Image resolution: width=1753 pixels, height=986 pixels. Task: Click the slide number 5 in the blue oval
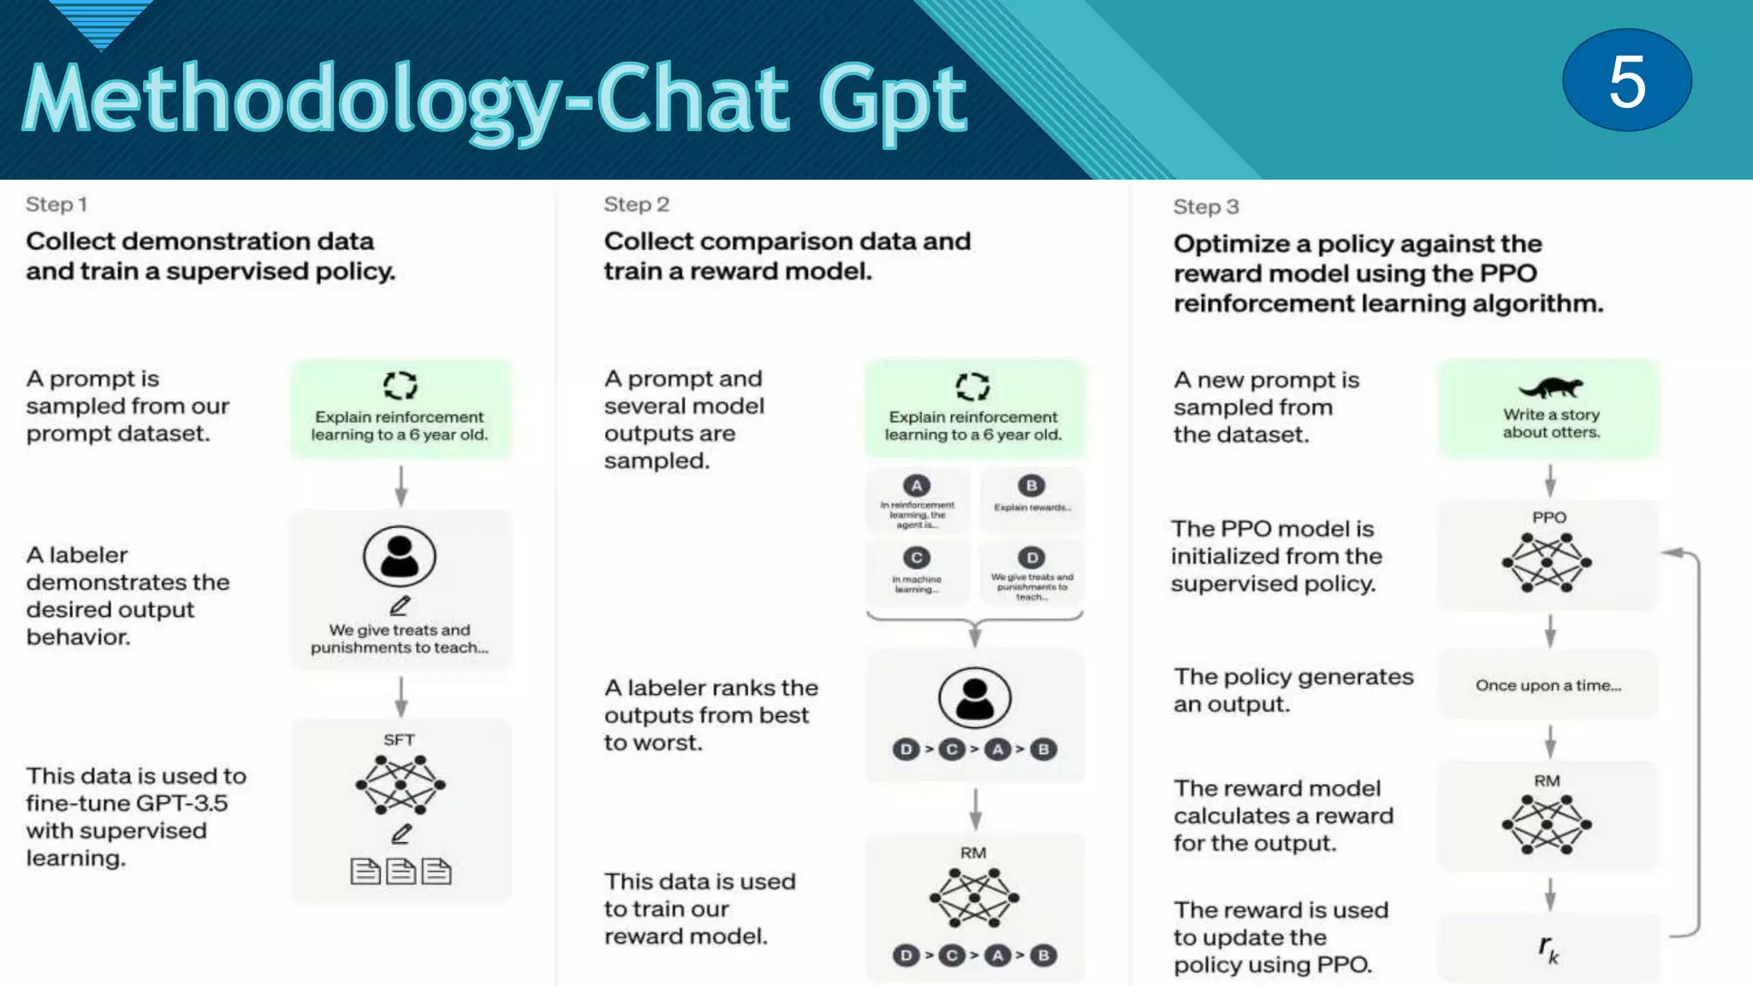1626,80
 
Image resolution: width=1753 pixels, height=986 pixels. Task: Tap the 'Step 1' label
56,205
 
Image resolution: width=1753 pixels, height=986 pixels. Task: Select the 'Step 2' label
636,205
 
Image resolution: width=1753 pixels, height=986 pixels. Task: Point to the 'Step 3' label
1205,207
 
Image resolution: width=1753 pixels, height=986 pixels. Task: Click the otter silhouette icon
1550,387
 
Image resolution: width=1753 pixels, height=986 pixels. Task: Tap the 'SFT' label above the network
399,739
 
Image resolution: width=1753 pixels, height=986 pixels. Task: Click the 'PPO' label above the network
1548,518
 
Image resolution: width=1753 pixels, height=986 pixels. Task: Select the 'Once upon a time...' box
1548,685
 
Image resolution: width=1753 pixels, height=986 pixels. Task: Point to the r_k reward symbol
1548,948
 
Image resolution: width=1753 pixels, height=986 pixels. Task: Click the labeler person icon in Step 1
399,555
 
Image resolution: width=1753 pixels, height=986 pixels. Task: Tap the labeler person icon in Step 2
974,698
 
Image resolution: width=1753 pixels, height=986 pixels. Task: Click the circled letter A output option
917,486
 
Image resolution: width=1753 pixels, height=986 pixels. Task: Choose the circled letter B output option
1031,486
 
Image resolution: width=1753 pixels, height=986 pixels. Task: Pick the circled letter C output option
917,558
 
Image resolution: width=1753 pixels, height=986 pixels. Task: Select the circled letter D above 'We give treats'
1031,558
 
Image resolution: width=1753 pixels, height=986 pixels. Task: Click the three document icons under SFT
401,871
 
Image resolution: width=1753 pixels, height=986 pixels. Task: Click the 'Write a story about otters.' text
1551,423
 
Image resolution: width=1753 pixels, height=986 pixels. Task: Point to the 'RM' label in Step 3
1547,781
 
